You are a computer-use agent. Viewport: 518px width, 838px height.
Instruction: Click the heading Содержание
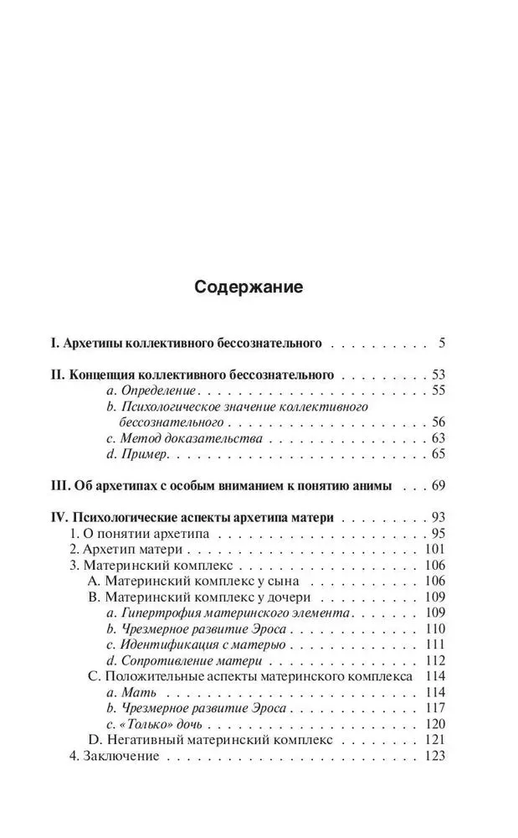pyautogui.click(x=249, y=287)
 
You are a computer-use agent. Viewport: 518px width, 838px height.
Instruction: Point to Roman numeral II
pyautogui.click(x=58, y=374)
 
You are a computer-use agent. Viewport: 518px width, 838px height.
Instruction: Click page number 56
pyautogui.click(x=438, y=422)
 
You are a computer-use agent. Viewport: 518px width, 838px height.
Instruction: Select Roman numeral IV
pyautogui.click(x=59, y=517)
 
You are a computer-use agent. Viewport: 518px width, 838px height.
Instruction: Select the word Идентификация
pyautogui.click(x=171, y=645)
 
